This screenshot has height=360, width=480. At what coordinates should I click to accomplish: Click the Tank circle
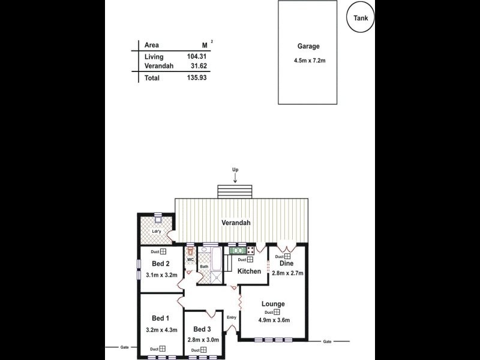pos(362,17)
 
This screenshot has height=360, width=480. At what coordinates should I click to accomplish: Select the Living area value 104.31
pos(196,56)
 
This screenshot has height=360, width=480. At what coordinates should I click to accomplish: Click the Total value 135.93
pos(196,78)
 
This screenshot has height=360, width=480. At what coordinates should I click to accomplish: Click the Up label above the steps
pos(235,170)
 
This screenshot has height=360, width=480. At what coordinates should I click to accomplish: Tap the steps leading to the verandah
pos(235,191)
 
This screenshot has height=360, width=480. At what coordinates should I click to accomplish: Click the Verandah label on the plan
pos(235,223)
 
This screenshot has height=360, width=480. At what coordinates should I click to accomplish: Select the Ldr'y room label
pos(156,232)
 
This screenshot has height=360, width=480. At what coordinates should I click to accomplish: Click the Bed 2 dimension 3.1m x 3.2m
pos(161,275)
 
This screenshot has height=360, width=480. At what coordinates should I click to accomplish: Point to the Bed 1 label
pos(161,318)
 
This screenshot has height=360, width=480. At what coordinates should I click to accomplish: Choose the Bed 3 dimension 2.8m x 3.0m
pos(203,340)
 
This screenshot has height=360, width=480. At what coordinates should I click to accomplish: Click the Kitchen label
pos(249,271)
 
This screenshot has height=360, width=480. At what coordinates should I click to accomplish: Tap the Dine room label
pos(287,263)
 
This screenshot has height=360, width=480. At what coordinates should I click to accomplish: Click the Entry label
pos(231,317)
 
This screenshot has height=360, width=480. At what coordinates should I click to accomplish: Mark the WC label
pos(190,260)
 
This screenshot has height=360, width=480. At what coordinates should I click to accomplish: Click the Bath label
pos(204,266)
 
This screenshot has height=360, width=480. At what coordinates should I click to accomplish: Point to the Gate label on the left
pos(124,347)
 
